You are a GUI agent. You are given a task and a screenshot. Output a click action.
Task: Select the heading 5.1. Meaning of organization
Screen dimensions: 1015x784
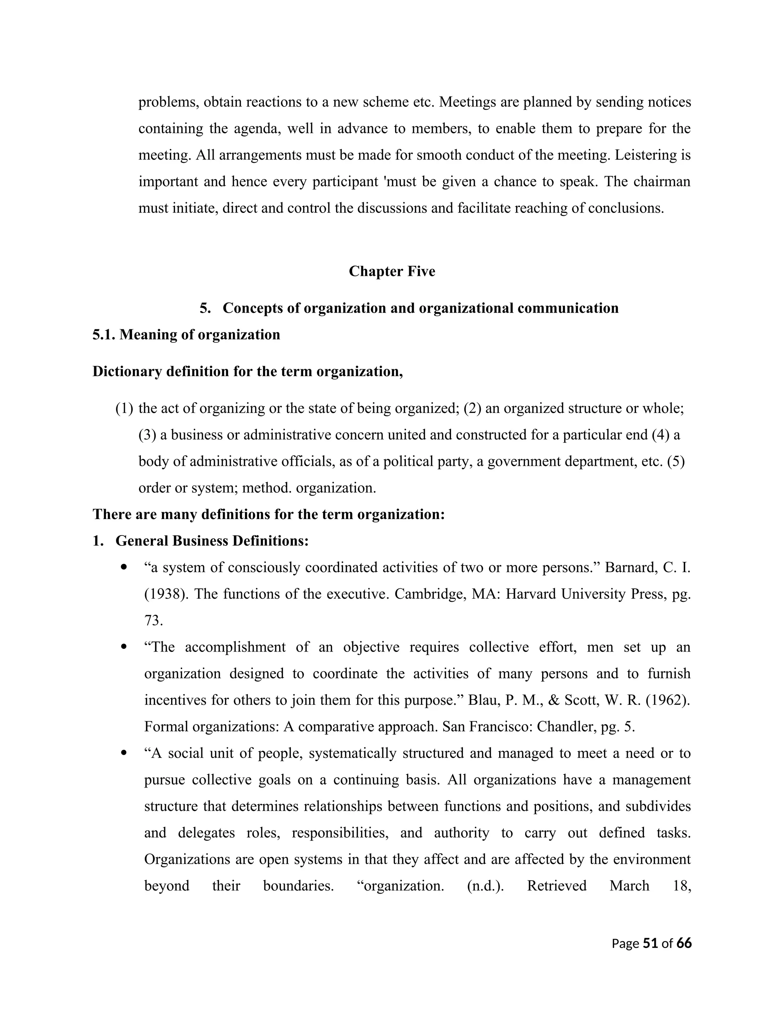(186, 335)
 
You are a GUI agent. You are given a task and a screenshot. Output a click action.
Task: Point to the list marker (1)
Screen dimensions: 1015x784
(124, 409)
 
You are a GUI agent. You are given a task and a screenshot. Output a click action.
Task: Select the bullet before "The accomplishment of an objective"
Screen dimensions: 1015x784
(124, 647)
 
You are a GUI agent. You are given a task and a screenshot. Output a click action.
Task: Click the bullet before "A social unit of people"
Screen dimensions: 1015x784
(124, 753)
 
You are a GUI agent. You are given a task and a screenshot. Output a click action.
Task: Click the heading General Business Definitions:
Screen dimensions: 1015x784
(212, 541)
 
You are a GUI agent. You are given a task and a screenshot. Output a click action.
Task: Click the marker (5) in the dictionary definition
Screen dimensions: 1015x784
(676, 462)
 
